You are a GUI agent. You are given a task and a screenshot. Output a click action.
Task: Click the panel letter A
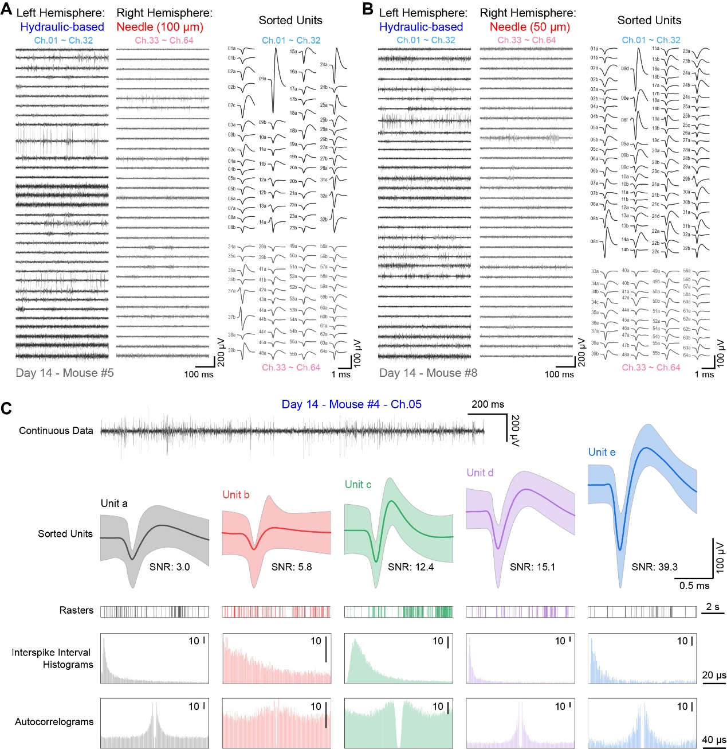click(x=7, y=9)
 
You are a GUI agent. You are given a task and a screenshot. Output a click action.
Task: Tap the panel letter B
click(x=368, y=9)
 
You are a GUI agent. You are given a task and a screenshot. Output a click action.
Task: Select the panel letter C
click(x=7, y=408)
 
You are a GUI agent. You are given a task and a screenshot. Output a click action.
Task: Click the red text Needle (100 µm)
click(x=160, y=27)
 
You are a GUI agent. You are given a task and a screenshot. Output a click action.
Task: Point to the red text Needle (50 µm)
click(x=529, y=27)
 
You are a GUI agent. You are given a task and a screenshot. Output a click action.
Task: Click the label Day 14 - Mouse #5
click(x=65, y=373)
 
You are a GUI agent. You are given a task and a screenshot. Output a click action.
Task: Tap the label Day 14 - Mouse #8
click(x=428, y=373)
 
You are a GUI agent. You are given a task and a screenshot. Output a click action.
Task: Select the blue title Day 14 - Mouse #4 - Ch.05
click(x=351, y=404)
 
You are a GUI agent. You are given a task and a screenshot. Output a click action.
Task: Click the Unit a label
click(x=114, y=504)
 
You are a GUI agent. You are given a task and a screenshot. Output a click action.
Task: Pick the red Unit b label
click(x=235, y=494)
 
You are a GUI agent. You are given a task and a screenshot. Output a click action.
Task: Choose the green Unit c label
click(x=358, y=485)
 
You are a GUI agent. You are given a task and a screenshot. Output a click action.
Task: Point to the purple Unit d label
click(x=480, y=473)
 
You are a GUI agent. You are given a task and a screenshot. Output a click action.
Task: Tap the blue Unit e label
click(x=602, y=452)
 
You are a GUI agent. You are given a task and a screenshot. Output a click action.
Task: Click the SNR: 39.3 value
click(x=654, y=567)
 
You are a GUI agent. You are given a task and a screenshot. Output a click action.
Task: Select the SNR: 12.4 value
click(x=411, y=567)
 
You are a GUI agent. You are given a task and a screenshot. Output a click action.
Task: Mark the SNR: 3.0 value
click(x=170, y=567)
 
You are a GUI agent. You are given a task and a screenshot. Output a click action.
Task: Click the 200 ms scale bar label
click(x=488, y=404)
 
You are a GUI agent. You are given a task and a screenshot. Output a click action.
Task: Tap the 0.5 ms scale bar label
click(x=694, y=586)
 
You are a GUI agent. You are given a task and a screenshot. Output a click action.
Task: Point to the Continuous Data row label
click(x=56, y=431)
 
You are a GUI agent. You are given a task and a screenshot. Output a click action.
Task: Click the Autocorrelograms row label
click(x=54, y=721)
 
